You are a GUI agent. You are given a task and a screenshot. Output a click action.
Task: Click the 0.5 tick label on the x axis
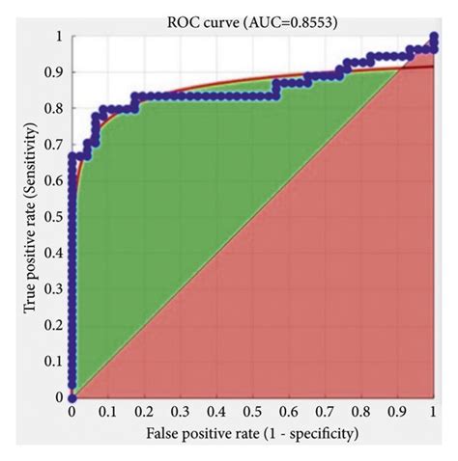pyautogui.click(x=252, y=413)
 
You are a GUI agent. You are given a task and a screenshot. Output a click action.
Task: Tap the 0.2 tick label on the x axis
pyautogui.click(x=144, y=413)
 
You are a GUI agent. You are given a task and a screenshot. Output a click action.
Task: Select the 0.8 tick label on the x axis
pyautogui.click(x=360, y=413)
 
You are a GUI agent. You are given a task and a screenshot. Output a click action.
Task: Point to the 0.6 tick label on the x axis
pyautogui.click(x=288, y=413)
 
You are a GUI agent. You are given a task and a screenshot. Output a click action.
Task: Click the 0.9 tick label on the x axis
pyautogui.click(x=396, y=413)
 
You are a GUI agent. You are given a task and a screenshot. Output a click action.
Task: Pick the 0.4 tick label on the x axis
pyautogui.click(x=216, y=413)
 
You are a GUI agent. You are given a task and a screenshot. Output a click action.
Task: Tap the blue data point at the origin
pyautogui.click(x=72, y=396)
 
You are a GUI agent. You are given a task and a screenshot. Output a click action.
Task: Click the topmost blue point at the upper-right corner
pyautogui.click(x=432, y=38)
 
